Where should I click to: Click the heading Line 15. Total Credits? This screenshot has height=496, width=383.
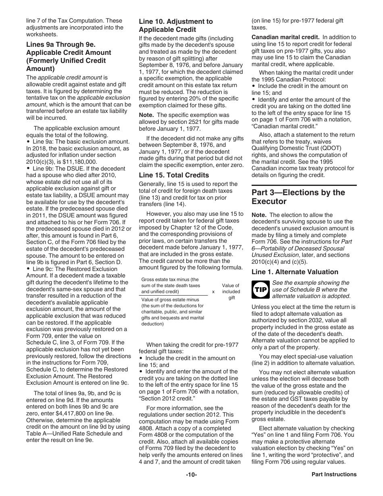coord(174,175)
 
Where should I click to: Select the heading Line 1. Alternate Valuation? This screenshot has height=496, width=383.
coord(295,272)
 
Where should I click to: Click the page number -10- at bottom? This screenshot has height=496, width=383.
coord(191,475)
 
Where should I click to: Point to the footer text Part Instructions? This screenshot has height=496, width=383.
coord(334,475)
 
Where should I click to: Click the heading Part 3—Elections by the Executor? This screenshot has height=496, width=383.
coord(298,197)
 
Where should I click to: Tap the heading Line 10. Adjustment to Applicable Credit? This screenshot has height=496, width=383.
coord(176,25)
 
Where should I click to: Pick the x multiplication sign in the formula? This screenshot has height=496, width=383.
coord(213,292)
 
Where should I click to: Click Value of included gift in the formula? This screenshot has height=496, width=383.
coord(231,292)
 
